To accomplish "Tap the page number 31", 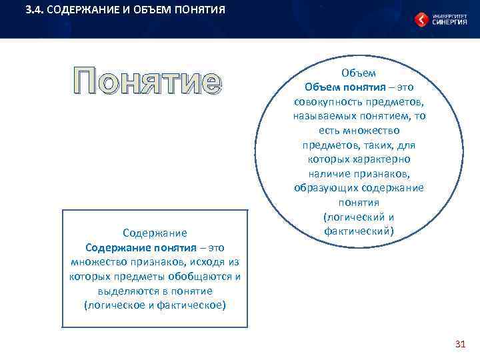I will (x=459, y=344).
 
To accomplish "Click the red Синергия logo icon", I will (x=422, y=19).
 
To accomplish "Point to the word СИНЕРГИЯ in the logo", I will (x=449, y=22).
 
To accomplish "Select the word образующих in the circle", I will (x=323, y=188).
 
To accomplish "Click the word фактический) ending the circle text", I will (x=359, y=231).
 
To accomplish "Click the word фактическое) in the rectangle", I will (x=193, y=305).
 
